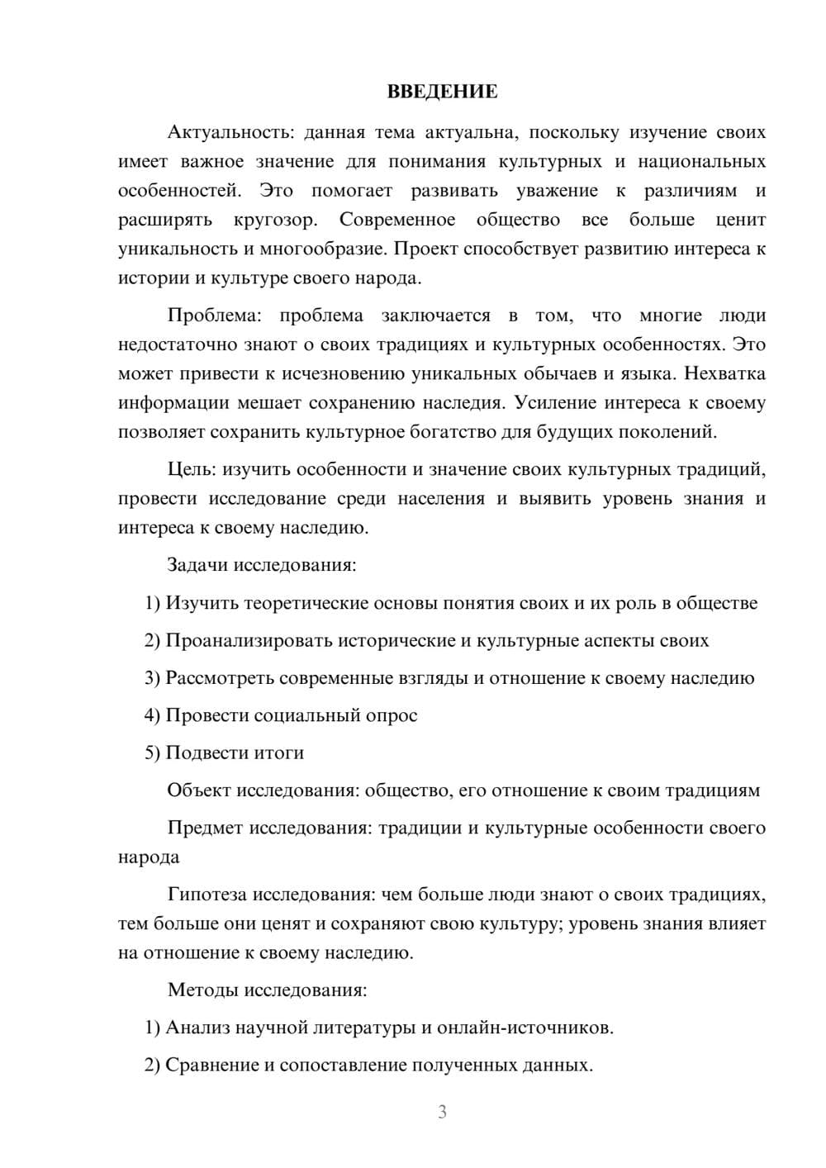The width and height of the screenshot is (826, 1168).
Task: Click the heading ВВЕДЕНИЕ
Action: point(442,92)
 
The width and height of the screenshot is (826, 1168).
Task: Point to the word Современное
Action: point(397,220)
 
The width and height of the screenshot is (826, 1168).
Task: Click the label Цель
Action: point(191,470)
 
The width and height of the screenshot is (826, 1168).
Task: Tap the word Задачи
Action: point(198,566)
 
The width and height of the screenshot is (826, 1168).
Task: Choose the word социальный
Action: point(296,715)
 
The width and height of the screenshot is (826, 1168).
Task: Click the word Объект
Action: point(199,791)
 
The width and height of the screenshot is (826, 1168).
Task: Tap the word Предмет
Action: point(205,828)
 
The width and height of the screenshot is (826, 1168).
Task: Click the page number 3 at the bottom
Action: point(442,1112)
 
